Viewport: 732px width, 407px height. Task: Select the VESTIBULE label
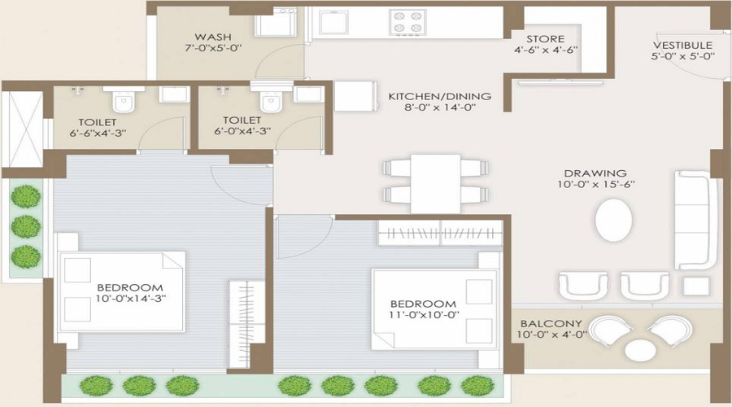683,45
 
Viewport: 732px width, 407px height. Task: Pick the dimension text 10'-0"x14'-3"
130,299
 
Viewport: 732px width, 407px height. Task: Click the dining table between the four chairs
425,182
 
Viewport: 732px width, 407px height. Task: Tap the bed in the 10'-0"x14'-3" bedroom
123,291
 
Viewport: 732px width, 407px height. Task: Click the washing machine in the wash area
277,22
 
